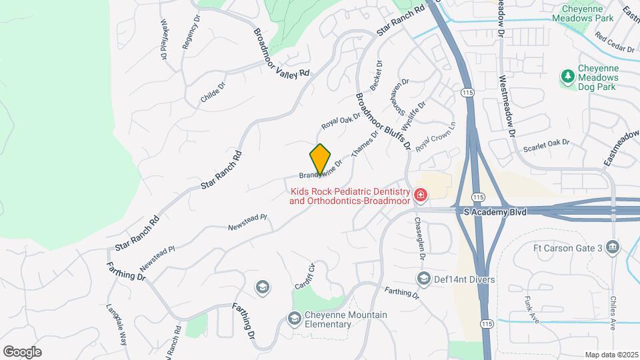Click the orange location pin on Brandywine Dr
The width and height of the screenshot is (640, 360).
(x=321, y=160)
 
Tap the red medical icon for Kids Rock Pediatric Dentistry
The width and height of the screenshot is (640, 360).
(x=421, y=195)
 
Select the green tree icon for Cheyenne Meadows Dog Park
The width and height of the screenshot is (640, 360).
(x=568, y=77)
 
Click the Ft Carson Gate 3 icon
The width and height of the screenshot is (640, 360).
(x=613, y=249)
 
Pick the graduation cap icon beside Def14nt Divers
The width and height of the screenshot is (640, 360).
(x=423, y=278)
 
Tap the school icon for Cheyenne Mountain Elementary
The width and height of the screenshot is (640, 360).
(x=294, y=319)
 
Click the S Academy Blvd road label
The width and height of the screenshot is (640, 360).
(x=495, y=211)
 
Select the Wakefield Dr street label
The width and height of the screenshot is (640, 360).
(x=164, y=39)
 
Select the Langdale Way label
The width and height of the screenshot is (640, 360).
(x=117, y=323)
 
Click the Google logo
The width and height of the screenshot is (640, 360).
(x=22, y=351)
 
